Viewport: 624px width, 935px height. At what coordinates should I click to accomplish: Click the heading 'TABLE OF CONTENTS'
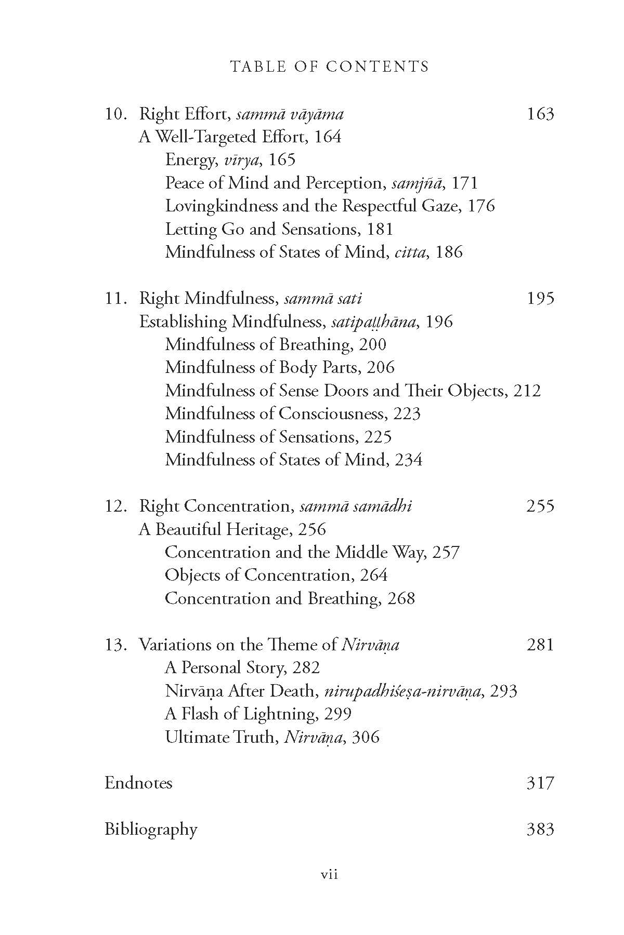pyautogui.click(x=330, y=66)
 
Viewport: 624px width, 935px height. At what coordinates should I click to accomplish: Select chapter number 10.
pyautogui.click(x=115, y=114)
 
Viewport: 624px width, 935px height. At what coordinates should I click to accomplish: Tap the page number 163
pyautogui.click(x=540, y=114)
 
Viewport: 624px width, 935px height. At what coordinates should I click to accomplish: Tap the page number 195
pyautogui.click(x=540, y=299)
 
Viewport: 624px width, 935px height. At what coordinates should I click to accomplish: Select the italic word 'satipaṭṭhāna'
pyautogui.click(x=373, y=323)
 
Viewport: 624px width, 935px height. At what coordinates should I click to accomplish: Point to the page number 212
pyautogui.click(x=527, y=391)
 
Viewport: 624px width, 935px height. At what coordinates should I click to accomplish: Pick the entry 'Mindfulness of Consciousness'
pyautogui.click(x=275, y=414)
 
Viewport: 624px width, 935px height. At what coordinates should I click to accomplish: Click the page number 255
pyautogui.click(x=540, y=506)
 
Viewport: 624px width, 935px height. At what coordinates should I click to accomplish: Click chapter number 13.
pyautogui.click(x=115, y=645)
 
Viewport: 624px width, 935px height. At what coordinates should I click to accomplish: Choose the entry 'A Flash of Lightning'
pyautogui.click(x=240, y=714)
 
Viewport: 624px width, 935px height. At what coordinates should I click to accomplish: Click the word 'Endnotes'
pyautogui.click(x=138, y=783)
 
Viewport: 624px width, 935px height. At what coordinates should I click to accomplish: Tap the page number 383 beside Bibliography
pyautogui.click(x=540, y=829)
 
